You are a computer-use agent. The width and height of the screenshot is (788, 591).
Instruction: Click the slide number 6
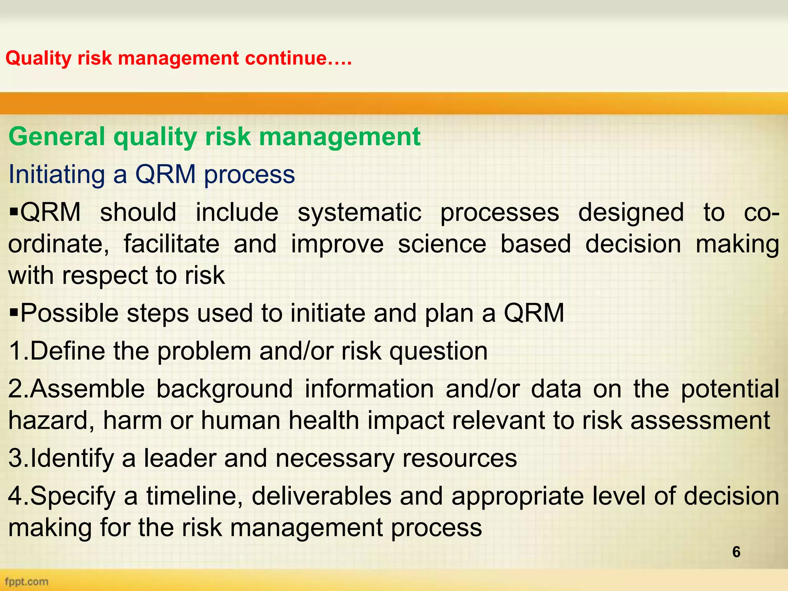[736, 552]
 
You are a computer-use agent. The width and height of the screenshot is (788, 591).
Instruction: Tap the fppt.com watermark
[27, 581]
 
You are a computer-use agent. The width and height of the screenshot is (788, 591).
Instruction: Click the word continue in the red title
[285, 58]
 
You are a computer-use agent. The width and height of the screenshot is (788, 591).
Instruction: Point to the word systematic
[359, 213]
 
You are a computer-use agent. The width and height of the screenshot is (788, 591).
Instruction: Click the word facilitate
[171, 244]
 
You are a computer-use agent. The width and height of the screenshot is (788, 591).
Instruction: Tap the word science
[442, 244]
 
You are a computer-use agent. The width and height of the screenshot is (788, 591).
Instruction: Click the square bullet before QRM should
[14, 212]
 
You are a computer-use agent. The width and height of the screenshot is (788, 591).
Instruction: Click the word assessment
[700, 420]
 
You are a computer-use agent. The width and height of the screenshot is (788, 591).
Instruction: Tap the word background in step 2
[224, 389]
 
